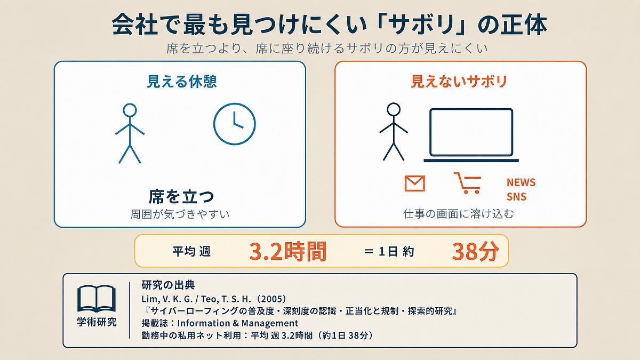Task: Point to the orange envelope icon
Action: click(415, 183)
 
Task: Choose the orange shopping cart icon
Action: click(468, 183)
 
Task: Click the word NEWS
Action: click(521, 182)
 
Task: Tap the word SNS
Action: click(517, 197)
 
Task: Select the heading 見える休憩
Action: click(182, 82)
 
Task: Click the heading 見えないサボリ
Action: click(459, 82)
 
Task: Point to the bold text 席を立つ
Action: click(181, 196)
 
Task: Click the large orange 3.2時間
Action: click(287, 251)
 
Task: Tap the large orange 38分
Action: click(476, 251)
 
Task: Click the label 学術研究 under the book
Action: click(97, 322)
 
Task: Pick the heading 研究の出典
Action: click(168, 285)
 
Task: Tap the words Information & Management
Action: click(238, 323)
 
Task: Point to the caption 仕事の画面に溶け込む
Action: click(458, 214)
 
